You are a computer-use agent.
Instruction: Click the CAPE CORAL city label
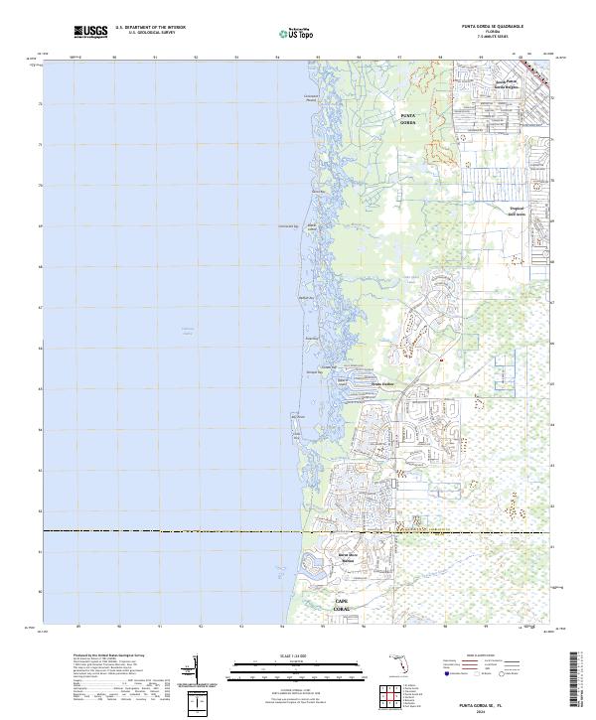[343, 605]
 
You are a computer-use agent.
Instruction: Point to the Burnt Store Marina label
[348, 557]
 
